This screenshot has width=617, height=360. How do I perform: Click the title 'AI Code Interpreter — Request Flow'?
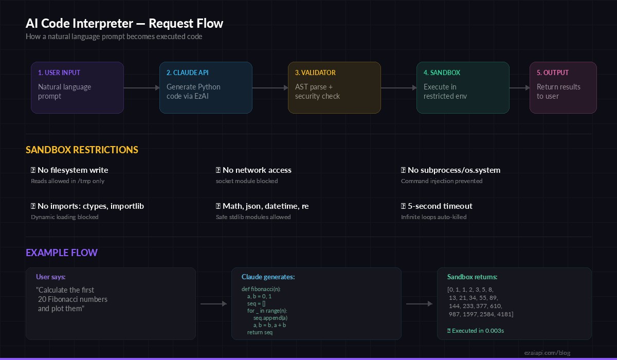[124, 24]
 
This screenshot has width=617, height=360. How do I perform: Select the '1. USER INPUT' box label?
[59, 73]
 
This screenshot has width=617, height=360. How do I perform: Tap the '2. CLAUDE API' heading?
[187, 73]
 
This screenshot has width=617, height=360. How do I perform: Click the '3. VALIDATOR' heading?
[315, 73]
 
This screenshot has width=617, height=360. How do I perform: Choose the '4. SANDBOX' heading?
[442, 73]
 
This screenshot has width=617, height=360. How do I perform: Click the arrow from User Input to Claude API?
[141, 88]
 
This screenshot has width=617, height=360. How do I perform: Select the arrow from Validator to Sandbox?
[398, 88]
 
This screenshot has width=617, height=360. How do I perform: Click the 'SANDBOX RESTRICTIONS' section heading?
[82, 150]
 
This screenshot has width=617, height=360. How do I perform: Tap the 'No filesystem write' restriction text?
[72, 170]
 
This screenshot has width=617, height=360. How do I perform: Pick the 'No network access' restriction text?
[257, 170]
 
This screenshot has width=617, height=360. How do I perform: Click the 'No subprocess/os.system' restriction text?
[453, 170]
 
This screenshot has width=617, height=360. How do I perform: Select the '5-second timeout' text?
[440, 206]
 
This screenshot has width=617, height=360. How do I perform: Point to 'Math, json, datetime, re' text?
[265, 206]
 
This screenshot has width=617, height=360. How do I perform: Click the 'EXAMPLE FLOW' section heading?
[62, 253]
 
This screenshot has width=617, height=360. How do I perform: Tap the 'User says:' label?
[51, 277]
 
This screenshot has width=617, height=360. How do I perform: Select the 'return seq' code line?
[260, 332]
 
